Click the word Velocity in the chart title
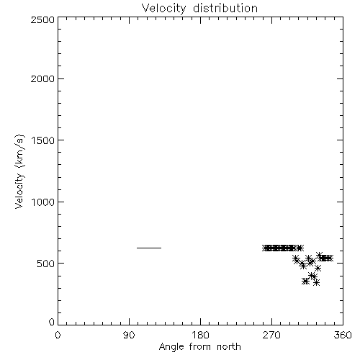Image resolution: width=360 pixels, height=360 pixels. tap(163, 9)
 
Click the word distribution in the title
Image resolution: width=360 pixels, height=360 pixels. tap(225, 8)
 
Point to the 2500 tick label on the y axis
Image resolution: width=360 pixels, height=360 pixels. tap(42, 19)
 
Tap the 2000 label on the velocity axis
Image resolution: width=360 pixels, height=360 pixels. tap(42, 78)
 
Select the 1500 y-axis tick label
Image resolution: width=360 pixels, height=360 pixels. tap(43, 140)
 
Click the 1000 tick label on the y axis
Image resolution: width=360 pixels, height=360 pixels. tap(43, 202)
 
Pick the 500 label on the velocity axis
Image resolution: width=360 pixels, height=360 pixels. tap(45, 264)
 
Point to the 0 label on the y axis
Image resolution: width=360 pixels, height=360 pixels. tap(52, 322)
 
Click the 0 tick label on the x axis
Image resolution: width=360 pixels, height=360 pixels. tap(58, 335)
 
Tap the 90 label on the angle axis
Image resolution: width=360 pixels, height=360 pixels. tap(129, 335)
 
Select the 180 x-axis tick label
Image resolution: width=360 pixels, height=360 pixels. tap(200, 335)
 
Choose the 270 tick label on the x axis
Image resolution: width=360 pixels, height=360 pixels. tap(271, 335)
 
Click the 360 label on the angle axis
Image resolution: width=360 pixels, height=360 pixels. tap(343, 335)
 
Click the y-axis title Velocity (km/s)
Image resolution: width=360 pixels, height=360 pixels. tap(19, 171)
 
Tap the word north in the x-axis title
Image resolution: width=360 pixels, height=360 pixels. tap(229, 347)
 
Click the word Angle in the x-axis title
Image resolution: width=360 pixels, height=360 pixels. tap(171, 347)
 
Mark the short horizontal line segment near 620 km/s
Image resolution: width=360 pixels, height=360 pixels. tap(149, 248)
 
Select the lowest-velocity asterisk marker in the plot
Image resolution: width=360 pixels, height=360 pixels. tap(317, 283)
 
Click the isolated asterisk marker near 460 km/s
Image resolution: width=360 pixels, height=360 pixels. tap(318, 268)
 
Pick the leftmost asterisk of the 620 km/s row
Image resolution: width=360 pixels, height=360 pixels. tap(265, 248)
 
